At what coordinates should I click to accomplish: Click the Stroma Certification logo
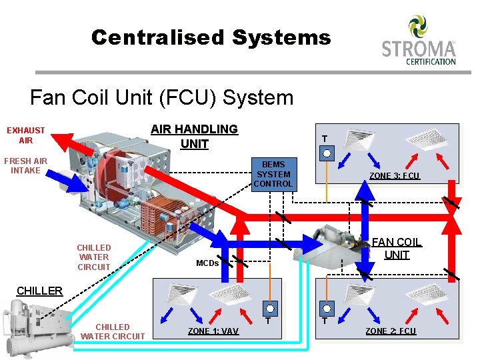pos(419,41)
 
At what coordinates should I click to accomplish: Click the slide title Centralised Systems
pos(211,37)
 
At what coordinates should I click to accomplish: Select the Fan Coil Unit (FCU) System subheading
pos(161,98)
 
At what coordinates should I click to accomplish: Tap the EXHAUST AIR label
pos(26,135)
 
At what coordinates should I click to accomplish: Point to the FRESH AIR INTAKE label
pos(26,165)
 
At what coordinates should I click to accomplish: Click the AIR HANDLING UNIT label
pos(194,136)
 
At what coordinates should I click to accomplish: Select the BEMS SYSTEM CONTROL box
pos(273,174)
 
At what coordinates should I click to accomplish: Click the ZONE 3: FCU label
pos(395,176)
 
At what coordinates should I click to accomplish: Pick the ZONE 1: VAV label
pos(213,331)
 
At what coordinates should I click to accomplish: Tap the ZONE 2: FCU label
pos(391,331)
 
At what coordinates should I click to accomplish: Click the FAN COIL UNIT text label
pos(396,249)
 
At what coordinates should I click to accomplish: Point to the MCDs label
pos(207,263)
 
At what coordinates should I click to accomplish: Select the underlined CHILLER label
pos(39,291)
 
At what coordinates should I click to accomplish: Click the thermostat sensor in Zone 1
pos(269,308)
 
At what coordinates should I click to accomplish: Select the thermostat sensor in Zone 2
pos(326,308)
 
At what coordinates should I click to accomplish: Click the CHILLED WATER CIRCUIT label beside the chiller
pos(112,331)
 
